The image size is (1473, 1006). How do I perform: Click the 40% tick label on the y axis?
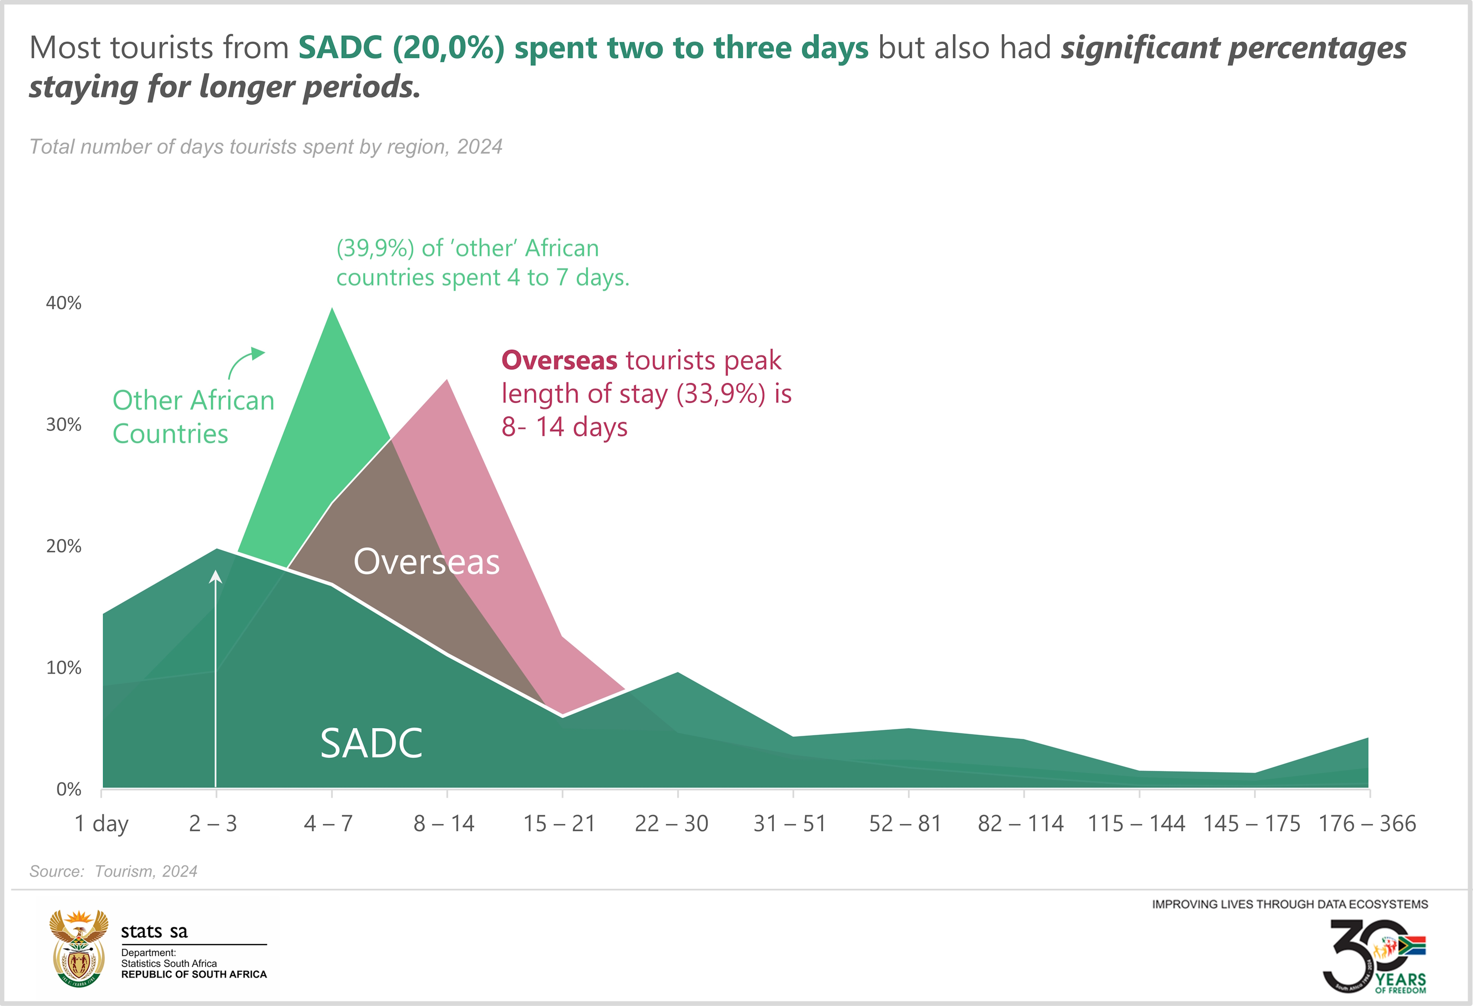[63, 303]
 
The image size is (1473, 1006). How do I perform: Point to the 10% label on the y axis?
[63, 668]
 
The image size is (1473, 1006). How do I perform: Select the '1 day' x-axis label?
[102, 823]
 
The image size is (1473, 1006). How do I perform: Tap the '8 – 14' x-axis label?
[444, 823]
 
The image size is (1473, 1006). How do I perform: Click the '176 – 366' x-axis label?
[1367, 823]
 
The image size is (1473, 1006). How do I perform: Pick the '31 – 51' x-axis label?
[790, 823]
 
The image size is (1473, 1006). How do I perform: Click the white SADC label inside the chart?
[371, 743]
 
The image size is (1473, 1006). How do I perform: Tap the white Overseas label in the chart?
[427, 561]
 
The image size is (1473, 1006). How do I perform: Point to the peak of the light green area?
[332, 309]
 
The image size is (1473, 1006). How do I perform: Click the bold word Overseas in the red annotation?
[559, 360]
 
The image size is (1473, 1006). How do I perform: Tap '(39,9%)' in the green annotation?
[375, 249]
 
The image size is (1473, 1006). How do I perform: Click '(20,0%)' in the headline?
[448, 48]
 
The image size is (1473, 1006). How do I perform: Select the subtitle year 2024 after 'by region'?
[479, 147]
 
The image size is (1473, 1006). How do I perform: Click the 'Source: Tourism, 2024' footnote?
[113, 871]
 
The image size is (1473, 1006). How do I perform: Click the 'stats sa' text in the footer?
[154, 931]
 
